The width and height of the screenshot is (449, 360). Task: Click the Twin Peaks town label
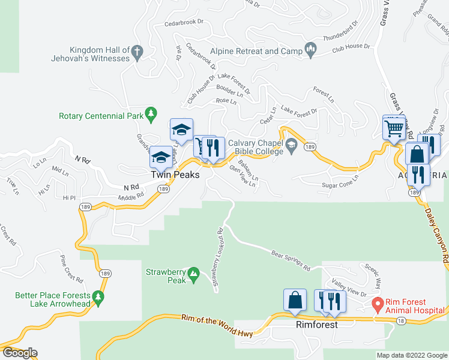173,174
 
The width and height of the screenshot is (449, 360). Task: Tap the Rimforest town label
316,324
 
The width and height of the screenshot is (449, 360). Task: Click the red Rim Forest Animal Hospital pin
378,305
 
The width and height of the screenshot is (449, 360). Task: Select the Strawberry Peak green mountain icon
193,275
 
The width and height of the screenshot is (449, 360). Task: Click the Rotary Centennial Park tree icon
151,113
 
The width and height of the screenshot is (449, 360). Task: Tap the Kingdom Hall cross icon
137,52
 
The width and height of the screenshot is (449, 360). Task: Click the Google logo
19,353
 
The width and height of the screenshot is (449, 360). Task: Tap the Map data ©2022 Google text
411,355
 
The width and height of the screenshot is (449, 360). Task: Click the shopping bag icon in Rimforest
295,299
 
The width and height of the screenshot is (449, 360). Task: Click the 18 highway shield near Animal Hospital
401,322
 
